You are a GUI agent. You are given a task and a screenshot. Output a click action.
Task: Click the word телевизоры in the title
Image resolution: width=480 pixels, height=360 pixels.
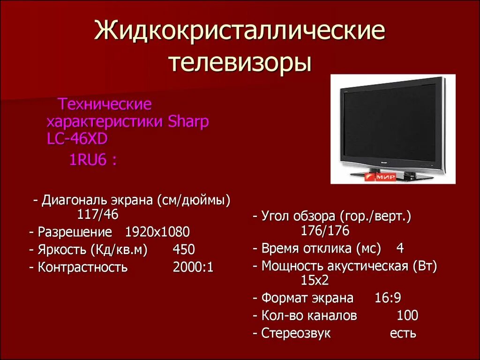(x=240, y=62)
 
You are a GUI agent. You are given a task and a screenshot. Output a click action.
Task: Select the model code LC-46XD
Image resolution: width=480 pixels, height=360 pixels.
(x=77, y=139)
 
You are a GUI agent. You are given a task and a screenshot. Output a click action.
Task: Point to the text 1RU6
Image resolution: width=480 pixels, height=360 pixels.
(x=87, y=160)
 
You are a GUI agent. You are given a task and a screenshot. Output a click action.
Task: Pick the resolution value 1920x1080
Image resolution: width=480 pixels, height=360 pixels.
(x=157, y=232)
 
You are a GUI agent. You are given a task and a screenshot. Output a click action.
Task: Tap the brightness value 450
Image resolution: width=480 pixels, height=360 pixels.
(x=183, y=249)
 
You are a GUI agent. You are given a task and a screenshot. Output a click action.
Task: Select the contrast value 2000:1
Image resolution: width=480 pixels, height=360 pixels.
(x=193, y=267)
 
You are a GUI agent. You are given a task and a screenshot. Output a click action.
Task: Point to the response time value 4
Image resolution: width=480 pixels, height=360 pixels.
(x=400, y=248)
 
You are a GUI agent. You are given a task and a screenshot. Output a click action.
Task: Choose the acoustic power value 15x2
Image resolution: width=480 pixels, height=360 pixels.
(x=315, y=281)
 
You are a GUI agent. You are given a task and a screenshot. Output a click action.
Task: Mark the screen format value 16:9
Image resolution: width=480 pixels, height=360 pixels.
(x=388, y=298)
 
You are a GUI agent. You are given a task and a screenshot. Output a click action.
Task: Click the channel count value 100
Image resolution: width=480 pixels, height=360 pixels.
(x=407, y=315)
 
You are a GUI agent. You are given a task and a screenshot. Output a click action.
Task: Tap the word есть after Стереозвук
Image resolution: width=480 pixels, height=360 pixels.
(x=403, y=333)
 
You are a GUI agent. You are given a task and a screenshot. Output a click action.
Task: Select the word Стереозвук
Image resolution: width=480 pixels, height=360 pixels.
(x=296, y=333)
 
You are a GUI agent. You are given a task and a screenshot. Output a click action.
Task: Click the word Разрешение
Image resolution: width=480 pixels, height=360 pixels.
(x=75, y=232)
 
